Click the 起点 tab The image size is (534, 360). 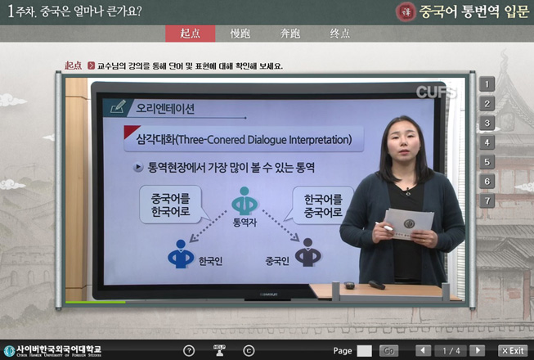[189, 34]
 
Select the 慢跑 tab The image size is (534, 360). [240, 34]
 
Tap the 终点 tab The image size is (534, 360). [339, 34]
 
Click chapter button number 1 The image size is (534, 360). [487, 83]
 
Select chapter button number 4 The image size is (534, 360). [487, 142]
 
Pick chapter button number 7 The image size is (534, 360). [487, 200]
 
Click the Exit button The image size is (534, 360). [513, 350]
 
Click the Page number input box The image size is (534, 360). [364, 350]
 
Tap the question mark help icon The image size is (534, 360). [189, 350]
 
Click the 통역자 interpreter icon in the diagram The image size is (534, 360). [242, 201]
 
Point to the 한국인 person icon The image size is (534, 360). [179, 254]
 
